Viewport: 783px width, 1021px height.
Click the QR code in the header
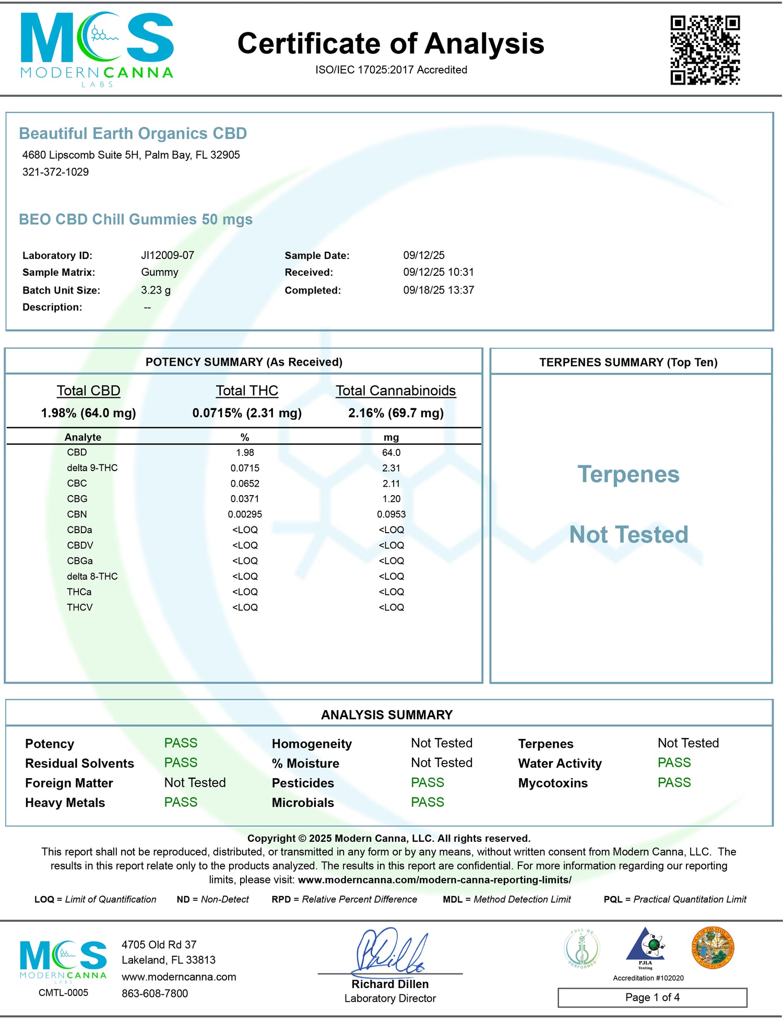click(705, 50)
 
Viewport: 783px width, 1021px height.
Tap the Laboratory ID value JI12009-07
click(168, 255)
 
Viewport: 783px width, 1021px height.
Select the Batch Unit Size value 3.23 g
click(156, 290)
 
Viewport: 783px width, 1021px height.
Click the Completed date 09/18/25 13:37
click(438, 290)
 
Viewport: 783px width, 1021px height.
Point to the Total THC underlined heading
click(247, 391)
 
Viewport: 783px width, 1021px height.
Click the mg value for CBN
click(391, 514)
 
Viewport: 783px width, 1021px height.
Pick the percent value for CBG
click(245, 499)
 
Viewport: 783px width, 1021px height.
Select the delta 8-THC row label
click(92, 577)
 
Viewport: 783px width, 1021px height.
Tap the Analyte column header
click(83, 437)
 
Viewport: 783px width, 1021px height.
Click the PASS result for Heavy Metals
click(181, 802)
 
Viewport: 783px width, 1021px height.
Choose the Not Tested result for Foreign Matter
click(195, 783)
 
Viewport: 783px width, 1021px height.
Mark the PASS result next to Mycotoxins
click(674, 783)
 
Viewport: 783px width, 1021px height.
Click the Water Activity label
click(560, 764)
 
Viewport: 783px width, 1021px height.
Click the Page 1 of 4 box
click(652, 997)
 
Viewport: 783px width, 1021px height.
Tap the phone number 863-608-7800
click(155, 993)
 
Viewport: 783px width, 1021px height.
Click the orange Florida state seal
click(713, 948)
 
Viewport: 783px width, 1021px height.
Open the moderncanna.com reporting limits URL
click(434, 880)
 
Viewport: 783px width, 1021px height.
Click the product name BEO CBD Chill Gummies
click(136, 219)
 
